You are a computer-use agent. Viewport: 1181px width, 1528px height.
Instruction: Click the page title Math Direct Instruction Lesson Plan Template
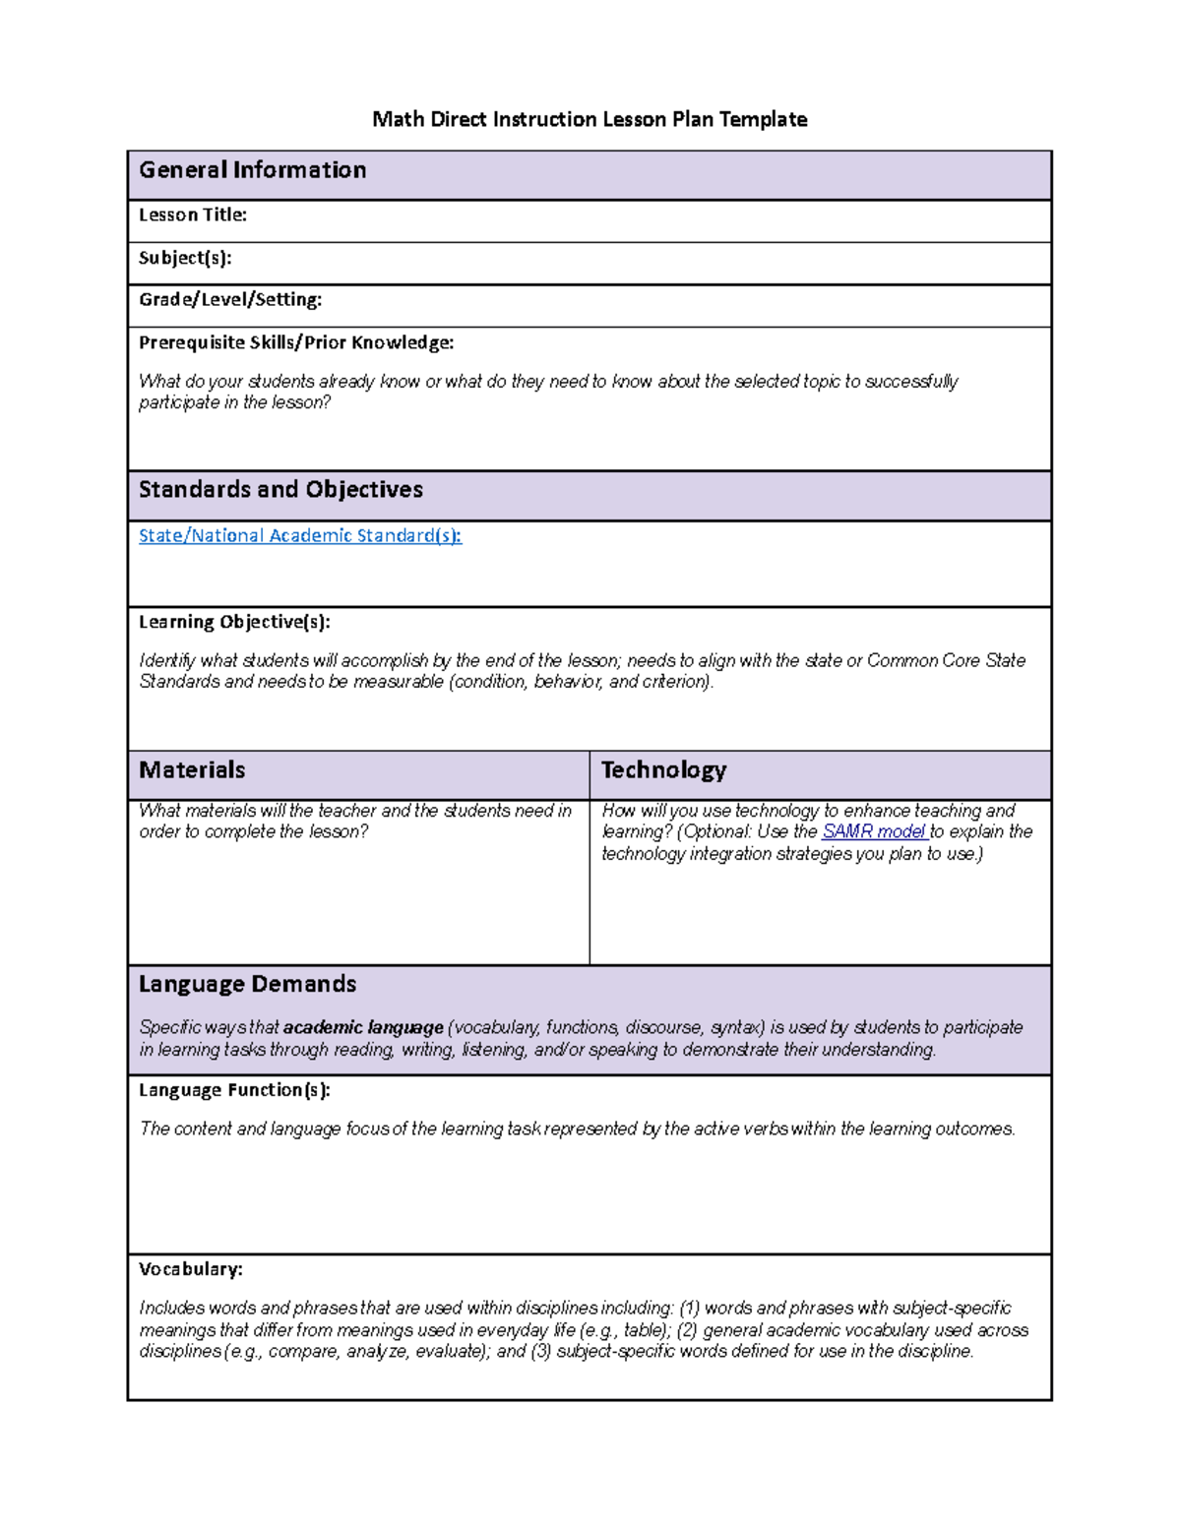(590, 119)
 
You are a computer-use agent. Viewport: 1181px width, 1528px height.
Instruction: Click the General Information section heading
(252, 170)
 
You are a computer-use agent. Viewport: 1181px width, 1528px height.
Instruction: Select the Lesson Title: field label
(192, 214)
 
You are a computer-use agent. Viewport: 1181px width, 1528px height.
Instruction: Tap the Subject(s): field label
(185, 258)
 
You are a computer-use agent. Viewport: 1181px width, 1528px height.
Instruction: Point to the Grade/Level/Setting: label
(230, 299)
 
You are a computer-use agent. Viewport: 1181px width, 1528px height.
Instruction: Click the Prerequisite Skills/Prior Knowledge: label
(296, 342)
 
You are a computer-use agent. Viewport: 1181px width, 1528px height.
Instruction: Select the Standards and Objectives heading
(280, 490)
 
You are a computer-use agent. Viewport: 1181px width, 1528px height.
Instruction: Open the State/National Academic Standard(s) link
(299, 535)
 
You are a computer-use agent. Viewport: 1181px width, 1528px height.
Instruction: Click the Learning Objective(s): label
(234, 622)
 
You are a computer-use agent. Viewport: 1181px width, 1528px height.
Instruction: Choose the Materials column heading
(192, 770)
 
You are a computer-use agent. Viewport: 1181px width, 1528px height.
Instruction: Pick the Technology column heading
(663, 770)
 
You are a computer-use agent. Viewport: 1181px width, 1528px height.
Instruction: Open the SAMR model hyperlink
(873, 831)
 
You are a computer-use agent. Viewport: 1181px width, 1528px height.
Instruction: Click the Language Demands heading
(247, 984)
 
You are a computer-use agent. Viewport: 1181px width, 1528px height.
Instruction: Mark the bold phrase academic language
(363, 1027)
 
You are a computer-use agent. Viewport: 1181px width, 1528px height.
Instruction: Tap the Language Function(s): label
(234, 1090)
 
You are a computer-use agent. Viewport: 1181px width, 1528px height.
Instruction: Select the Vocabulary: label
(190, 1269)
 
